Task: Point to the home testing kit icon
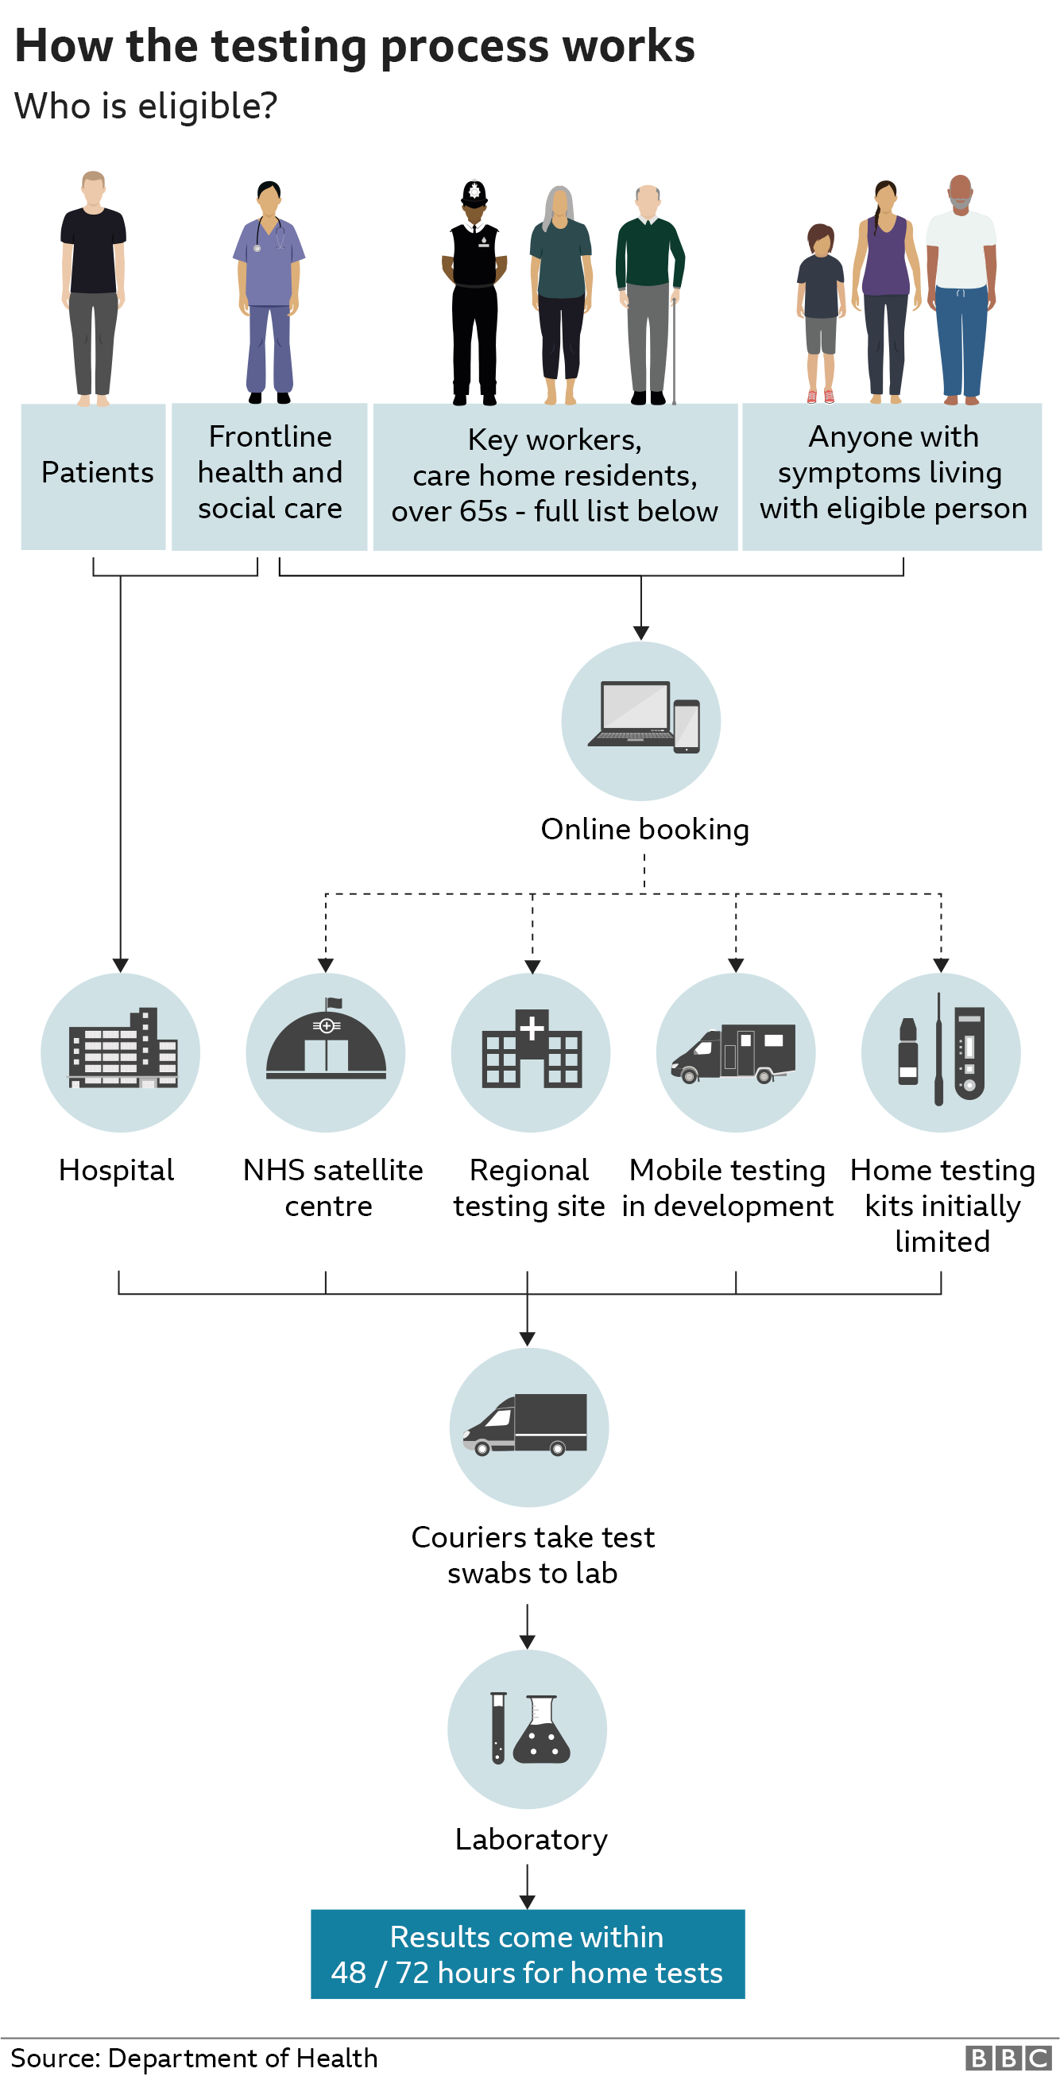tap(942, 1049)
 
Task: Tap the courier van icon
tap(526, 1424)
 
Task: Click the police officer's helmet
tap(474, 192)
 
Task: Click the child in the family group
tap(820, 311)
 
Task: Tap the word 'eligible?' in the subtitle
tap(207, 107)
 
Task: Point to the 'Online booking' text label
tap(644, 829)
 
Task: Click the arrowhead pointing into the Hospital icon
tap(120, 965)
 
